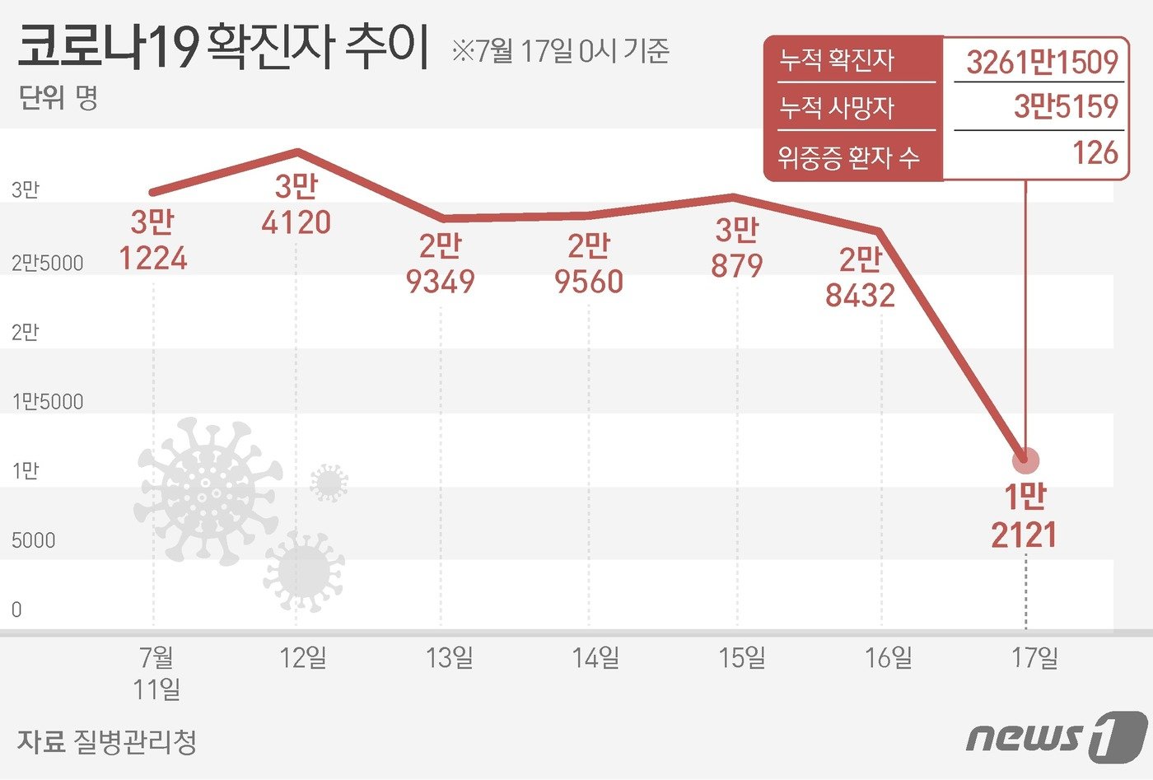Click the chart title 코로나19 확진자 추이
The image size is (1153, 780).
pos(222,47)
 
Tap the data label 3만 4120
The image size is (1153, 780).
pos(296,204)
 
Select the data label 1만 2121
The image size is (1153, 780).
pos(1024,516)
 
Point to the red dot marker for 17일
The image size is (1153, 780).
pos(1026,460)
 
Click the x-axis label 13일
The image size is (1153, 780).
pos(450,657)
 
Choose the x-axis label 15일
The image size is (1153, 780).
pos(742,657)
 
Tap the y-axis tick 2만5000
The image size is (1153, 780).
pos(48,264)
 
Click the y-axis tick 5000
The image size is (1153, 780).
pos(34,540)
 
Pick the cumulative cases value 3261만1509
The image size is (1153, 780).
pos(1042,62)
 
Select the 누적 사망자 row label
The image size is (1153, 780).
pos(837,108)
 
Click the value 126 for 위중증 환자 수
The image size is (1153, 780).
pos(1095,153)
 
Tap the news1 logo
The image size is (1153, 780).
pos(1056,736)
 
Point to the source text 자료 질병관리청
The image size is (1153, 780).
pos(107,741)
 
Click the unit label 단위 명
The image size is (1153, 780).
pos(58,99)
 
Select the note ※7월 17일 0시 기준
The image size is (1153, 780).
pos(560,51)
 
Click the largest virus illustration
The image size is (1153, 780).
pos(207,491)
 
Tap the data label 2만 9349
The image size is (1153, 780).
pos(441,264)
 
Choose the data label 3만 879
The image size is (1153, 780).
pos(736,248)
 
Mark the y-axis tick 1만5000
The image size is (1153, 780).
pos(48,402)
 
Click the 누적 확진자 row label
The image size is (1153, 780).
pos(837,60)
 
